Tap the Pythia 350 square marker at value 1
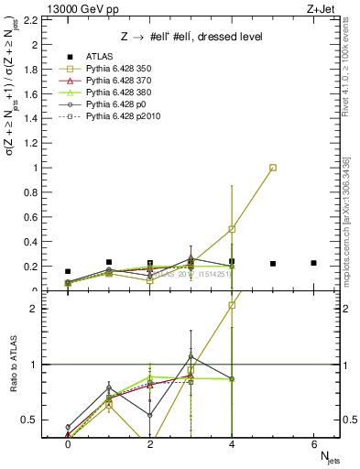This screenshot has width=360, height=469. tap(273, 168)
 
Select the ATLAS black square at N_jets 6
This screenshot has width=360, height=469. tap(313, 263)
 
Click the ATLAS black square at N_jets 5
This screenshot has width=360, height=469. tap(273, 264)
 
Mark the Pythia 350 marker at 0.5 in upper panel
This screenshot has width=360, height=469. tap(232, 229)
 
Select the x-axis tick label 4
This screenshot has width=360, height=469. tap(232, 444)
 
